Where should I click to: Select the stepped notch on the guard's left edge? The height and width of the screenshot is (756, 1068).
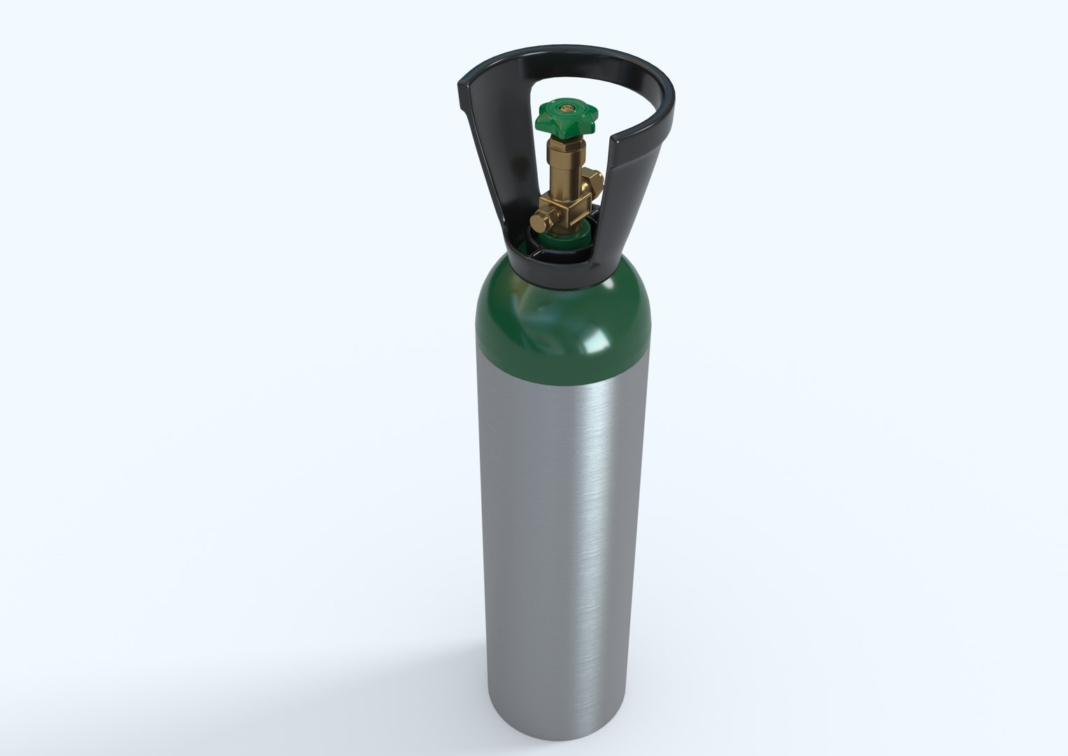click(463, 106)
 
